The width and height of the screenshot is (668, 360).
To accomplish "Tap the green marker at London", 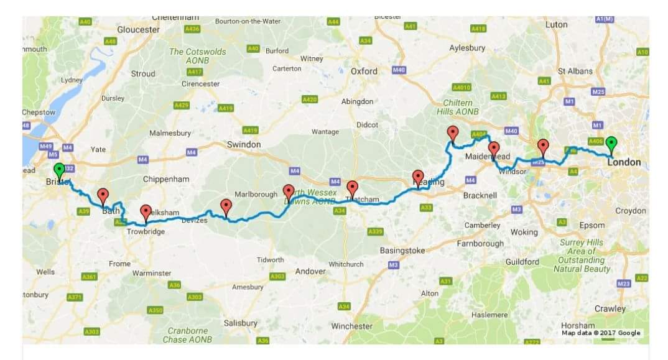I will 611,144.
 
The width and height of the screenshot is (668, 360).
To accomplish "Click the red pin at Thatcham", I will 353,188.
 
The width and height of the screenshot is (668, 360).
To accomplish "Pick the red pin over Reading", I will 419,177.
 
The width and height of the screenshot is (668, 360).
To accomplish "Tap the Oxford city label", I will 364,72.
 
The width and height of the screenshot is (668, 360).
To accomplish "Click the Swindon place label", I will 244,144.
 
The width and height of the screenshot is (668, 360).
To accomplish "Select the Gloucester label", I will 139,29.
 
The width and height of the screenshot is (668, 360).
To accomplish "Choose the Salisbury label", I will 241,323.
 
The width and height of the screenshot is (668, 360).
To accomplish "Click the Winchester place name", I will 351,326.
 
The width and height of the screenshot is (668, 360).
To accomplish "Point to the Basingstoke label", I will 402,251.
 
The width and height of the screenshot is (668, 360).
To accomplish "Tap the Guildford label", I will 522,262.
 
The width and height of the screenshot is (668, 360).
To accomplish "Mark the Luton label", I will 556,25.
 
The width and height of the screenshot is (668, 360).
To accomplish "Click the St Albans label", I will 575,72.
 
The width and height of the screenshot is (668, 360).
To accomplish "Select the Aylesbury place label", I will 467,48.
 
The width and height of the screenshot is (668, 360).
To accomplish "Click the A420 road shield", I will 310,99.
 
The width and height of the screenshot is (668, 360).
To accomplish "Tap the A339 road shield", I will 375,232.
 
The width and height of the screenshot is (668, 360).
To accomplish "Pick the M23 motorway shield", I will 624,284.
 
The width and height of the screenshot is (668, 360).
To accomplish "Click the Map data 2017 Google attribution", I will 601,333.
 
